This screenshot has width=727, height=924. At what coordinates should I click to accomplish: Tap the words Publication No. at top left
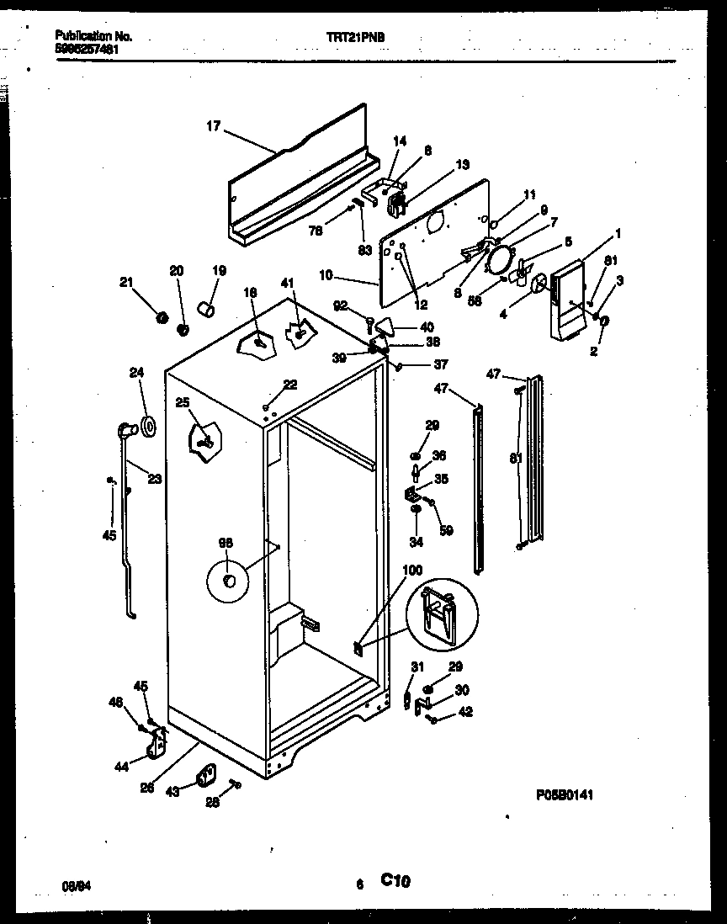(x=93, y=37)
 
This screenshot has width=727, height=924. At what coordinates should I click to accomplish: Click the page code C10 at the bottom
(x=395, y=881)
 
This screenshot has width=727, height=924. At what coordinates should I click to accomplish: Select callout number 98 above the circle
(x=226, y=543)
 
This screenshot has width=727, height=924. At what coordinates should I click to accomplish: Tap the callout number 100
(x=412, y=570)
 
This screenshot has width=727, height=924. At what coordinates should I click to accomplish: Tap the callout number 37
(x=441, y=364)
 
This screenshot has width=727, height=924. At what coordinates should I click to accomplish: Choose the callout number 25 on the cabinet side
(x=183, y=403)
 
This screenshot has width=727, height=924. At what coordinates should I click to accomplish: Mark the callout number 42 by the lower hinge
(x=465, y=711)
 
